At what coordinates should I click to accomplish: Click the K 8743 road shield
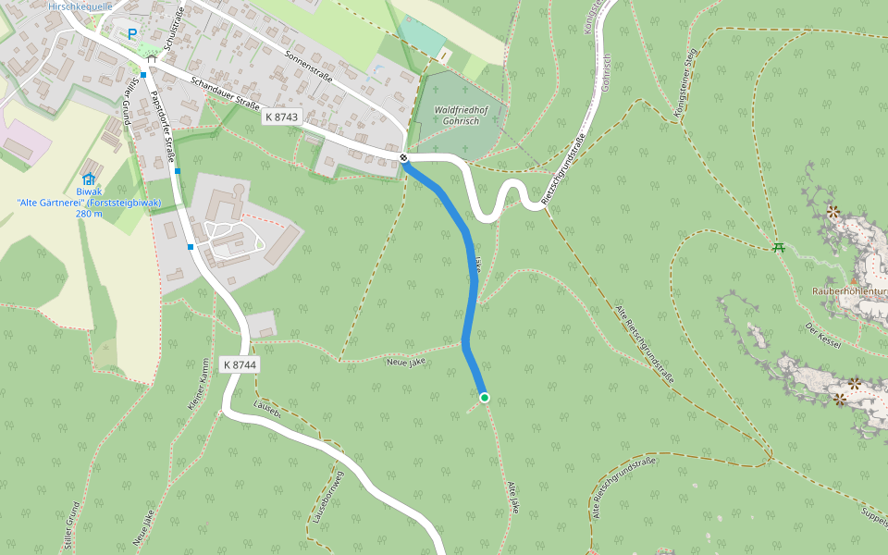[281, 117]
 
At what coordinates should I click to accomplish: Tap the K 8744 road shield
[240, 365]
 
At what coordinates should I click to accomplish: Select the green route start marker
[484, 398]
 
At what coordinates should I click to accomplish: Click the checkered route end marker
[404, 158]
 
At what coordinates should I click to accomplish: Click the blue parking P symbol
[132, 34]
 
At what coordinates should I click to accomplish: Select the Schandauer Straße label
[225, 92]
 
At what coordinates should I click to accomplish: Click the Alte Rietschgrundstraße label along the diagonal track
[645, 343]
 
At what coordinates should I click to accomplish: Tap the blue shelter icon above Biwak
[89, 179]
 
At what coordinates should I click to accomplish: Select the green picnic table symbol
[779, 247]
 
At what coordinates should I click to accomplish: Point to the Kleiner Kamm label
[197, 385]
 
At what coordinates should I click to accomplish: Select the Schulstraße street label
[173, 29]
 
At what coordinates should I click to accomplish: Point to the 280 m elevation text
[89, 214]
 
